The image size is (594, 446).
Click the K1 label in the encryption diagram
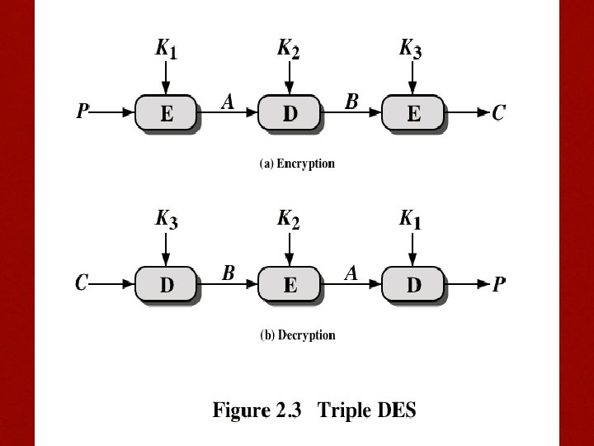coord(166,49)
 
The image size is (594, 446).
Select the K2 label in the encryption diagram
coord(288,49)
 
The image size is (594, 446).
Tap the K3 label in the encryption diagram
coord(411,49)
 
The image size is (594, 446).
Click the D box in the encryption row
coord(290,112)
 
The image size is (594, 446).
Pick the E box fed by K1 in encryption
coord(166,112)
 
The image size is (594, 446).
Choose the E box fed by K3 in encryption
coord(413,112)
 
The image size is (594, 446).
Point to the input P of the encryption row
coord(82,111)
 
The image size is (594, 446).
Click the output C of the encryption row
coord(498,112)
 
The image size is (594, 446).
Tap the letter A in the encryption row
coord(228,102)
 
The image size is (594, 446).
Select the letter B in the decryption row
coord(229,273)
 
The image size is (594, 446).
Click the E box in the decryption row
coord(290,284)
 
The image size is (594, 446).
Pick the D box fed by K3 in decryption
coord(166,284)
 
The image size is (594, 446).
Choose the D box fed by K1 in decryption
coord(413,284)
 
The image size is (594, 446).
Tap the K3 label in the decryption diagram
coord(167,220)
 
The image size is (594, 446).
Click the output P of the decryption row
coord(499,283)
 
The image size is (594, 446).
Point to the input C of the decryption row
coord(82,283)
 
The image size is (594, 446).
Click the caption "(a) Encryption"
coord(297,164)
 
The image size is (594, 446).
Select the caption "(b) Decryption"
coord(298,335)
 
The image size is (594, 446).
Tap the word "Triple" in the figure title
coord(344,410)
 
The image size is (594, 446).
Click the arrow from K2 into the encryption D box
coord(290,78)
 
